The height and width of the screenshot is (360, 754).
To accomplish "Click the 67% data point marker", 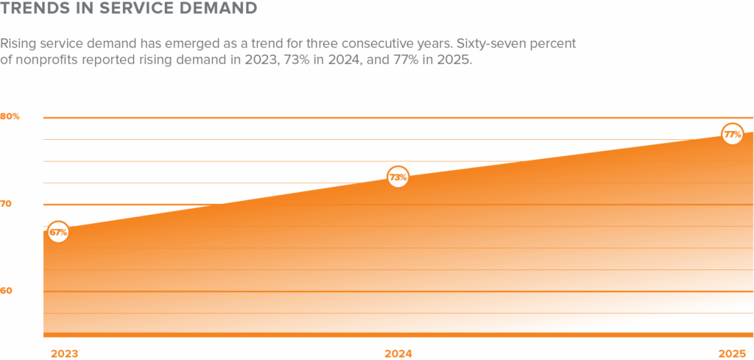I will pyautogui.click(x=58, y=233).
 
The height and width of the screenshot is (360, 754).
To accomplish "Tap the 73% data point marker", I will pyautogui.click(x=398, y=177).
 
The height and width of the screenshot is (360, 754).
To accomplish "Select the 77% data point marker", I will pyautogui.click(x=732, y=134).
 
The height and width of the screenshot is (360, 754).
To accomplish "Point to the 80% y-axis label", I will pyautogui.click(x=10, y=116).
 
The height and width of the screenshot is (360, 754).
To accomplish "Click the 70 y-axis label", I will pyautogui.click(x=7, y=203).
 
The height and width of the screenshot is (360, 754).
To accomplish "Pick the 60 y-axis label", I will pyautogui.click(x=7, y=291).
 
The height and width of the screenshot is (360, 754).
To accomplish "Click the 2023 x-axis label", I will pyautogui.click(x=64, y=353).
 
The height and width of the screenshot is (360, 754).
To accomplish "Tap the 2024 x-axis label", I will pyautogui.click(x=398, y=353).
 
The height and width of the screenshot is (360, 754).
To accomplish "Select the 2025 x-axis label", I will pyautogui.click(x=732, y=353).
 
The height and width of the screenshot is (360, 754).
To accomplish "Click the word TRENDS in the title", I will pyautogui.click(x=30, y=10).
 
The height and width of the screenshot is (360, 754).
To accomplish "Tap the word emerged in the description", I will pyautogui.click(x=198, y=44).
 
